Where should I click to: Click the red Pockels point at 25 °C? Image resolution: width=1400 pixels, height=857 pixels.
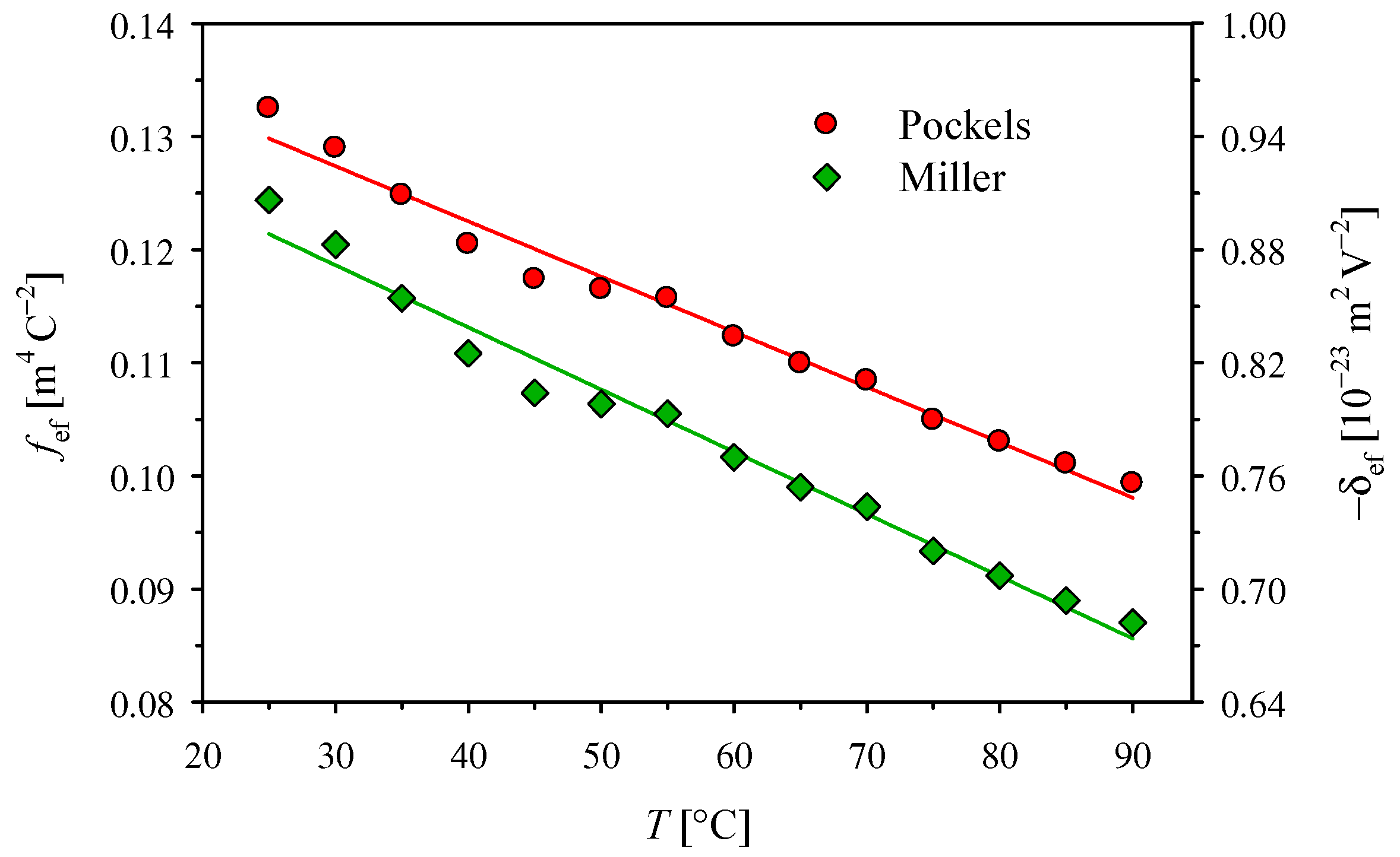click(268, 107)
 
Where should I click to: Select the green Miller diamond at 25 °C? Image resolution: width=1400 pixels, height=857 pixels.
click(268, 199)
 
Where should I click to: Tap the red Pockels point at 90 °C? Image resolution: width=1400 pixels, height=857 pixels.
click(1132, 482)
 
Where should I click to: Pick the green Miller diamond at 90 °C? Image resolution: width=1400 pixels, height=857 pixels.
click(1133, 623)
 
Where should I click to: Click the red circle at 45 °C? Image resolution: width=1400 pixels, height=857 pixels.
click(533, 277)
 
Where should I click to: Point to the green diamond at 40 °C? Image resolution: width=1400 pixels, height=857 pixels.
click(468, 353)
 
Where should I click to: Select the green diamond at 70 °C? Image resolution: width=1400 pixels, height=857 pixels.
click(867, 506)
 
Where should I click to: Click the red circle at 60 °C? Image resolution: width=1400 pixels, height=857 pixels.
click(732, 335)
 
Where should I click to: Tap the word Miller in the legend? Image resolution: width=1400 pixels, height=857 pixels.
click(952, 177)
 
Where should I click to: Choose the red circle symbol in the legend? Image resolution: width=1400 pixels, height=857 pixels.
click(826, 123)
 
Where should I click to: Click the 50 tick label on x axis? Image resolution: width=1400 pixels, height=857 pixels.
click(601, 757)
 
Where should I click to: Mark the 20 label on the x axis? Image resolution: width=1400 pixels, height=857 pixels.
click(203, 757)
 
